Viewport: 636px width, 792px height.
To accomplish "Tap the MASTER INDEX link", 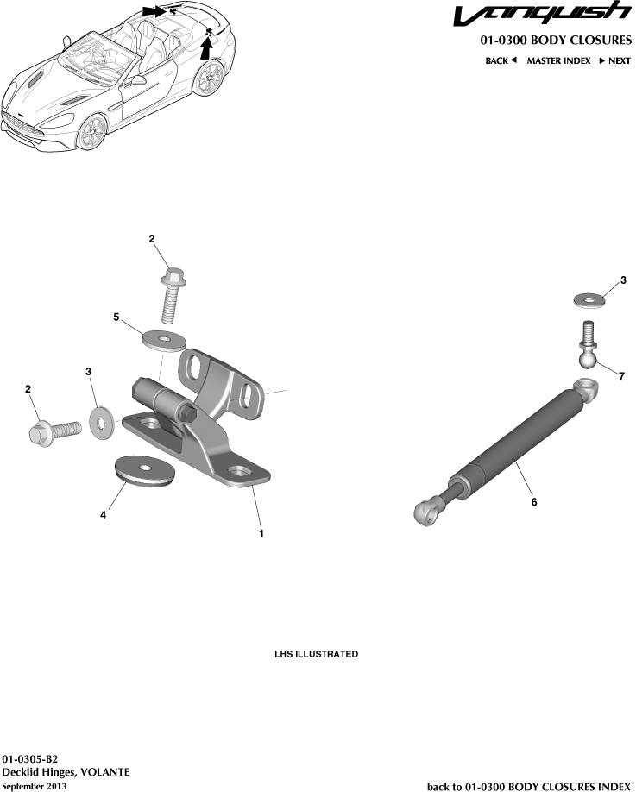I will point(558,61).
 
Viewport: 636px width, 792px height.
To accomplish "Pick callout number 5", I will point(116,317).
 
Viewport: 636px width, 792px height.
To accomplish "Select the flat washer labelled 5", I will point(164,339).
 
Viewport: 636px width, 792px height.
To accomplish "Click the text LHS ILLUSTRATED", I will point(316,655).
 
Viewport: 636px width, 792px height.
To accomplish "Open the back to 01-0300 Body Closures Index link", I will point(529,786).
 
